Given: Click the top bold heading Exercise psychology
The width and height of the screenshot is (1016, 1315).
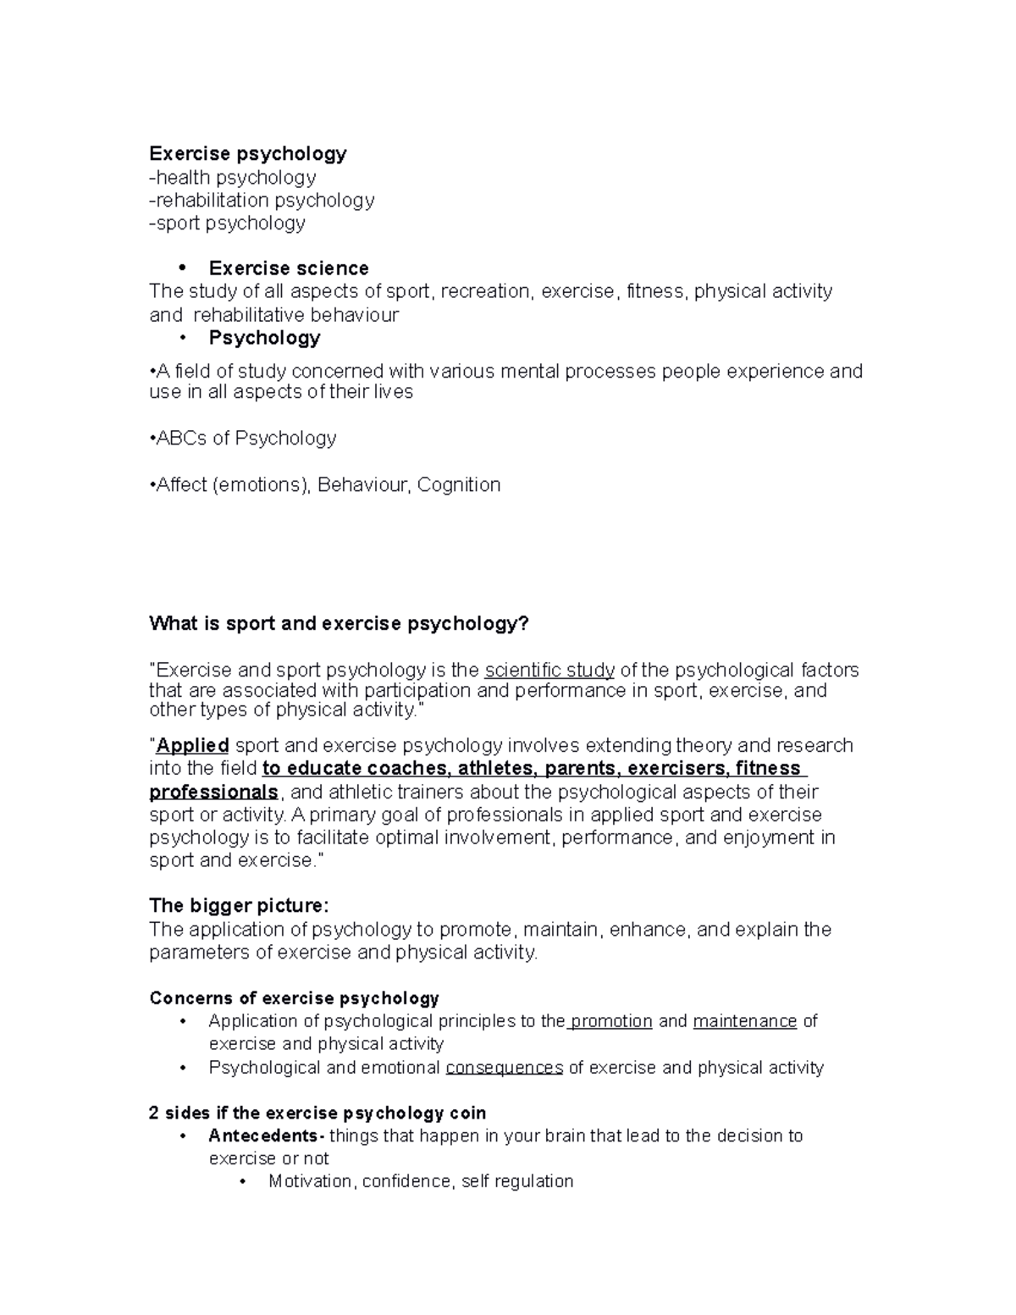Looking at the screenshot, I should point(247,153).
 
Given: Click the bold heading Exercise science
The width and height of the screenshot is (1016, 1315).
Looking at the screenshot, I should point(288,268).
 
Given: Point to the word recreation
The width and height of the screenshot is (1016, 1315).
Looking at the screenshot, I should point(488,291).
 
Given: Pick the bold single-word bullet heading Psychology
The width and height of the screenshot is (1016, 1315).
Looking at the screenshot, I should point(264,338).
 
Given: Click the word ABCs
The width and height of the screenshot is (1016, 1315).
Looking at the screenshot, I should point(180,438).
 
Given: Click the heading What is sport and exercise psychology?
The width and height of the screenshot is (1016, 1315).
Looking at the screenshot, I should point(339,624).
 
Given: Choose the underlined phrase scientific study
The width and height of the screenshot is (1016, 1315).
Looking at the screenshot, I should point(549,671).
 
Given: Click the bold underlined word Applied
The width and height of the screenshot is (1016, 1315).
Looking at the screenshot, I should point(192,746).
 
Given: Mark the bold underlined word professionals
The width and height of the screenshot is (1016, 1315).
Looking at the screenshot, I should point(213,793).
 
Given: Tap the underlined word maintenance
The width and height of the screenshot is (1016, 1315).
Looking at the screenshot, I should point(745,1021).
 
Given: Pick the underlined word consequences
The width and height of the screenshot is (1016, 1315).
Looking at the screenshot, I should point(504,1068).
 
